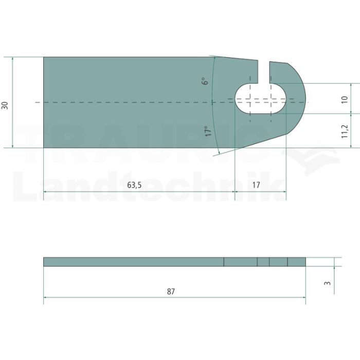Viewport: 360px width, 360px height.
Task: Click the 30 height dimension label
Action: (5, 105)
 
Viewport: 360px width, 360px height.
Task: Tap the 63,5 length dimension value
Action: (134, 185)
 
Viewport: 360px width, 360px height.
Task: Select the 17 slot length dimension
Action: (256, 185)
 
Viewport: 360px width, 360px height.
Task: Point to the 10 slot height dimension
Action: (345, 99)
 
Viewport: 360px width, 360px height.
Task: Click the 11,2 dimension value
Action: (345, 131)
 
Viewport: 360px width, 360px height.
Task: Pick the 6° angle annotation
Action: (206, 81)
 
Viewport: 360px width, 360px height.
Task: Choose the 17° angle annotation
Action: (208, 131)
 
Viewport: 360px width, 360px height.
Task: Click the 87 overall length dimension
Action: (171, 292)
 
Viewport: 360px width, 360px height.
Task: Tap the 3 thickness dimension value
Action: (328, 283)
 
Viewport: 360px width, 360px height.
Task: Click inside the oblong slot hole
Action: (261, 98)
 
